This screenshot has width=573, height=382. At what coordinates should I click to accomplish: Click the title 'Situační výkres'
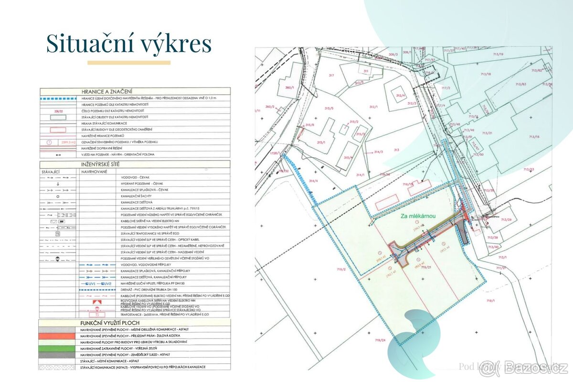pyautogui.click(x=128, y=44)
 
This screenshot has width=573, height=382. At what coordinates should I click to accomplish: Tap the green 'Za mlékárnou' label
pyautogui.click(x=418, y=216)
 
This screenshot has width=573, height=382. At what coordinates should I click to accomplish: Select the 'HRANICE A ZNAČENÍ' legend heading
pyautogui.click(x=107, y=92)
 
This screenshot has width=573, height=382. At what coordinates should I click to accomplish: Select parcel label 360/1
pyautogui.click(x=288, y=88)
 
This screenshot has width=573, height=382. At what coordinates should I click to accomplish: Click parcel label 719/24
pyautogui.click(x=380, y=340)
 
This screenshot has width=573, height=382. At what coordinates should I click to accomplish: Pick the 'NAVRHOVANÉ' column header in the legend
pyautogui.click(x=94, y=170)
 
